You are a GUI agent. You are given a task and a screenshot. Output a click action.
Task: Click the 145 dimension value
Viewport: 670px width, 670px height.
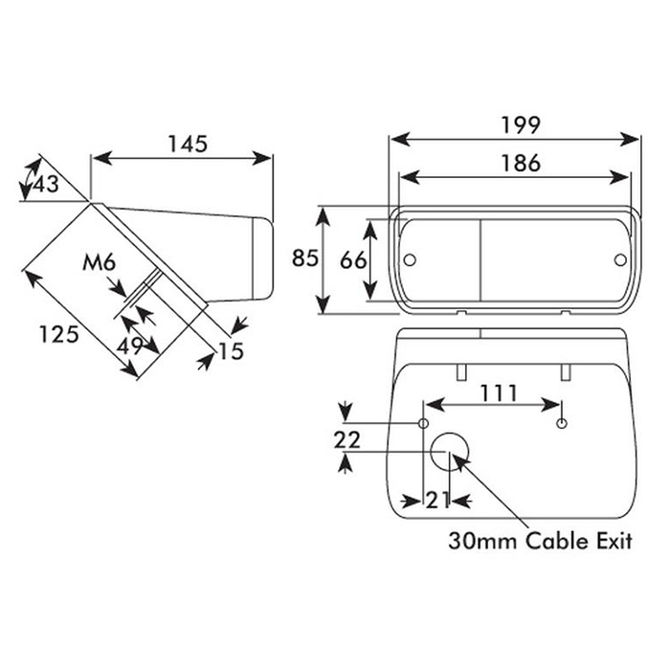(x=188, y=145)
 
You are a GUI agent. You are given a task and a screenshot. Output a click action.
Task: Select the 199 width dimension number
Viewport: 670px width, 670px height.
(x=520, y=124)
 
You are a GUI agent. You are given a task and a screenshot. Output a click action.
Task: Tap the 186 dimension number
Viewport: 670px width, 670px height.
(x=520, y=163)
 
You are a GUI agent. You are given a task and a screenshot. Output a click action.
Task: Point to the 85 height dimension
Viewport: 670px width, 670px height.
(x=305, y=258)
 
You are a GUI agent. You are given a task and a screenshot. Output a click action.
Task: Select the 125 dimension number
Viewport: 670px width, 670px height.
(x=57, y=335)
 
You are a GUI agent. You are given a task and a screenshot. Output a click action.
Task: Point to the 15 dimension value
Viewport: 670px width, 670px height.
(x=230, y=351)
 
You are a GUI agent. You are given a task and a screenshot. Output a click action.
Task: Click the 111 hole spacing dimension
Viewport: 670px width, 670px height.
(x=498, y=392)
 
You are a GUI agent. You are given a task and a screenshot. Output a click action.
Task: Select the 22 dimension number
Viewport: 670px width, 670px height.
(x=346, y=439)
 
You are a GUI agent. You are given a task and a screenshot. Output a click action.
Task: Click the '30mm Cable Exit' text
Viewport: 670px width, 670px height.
(x=541, y=542)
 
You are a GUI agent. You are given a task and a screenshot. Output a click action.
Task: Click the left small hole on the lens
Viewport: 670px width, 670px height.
(x=410, y=259)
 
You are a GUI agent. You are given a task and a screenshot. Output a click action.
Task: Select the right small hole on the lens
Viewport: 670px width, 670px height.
(x=619, y=259)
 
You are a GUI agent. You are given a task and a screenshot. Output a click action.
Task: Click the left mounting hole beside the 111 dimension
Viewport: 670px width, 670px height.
(x=423, y=423)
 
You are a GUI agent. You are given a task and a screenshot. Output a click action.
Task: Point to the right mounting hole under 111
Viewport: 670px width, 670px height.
(x=563, y=423)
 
